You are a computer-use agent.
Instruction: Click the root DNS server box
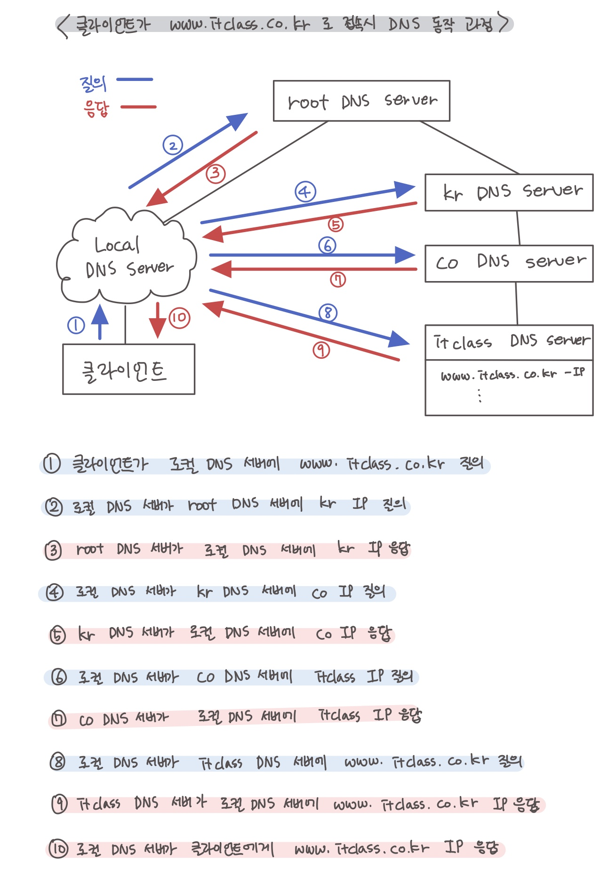coord(361,101)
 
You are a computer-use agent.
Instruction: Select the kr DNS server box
coord(509,193)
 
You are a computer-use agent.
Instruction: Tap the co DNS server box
coord(509,263)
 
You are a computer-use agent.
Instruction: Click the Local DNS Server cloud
coord(126,257)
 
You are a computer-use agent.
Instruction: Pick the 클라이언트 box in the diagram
coord(128,370)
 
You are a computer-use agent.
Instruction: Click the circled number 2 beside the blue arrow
coord(173,145)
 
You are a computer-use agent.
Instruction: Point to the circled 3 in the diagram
coord(215,174)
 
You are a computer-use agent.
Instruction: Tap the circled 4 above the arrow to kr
coord(305,192)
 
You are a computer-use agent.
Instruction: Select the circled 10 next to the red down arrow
coord(179,318)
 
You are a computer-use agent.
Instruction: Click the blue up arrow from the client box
coord(100,322)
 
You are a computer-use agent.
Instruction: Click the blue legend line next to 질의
coord(135,80)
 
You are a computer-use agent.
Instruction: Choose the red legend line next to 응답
coord(138,107)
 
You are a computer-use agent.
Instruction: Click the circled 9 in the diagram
coord(321,349)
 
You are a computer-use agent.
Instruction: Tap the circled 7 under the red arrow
coord(337,280)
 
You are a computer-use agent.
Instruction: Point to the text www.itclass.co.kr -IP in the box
coord(512,374)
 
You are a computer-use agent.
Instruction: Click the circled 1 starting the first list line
coord(52,464)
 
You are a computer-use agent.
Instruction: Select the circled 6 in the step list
coord(59,677)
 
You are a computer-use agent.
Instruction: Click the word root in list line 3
coord(90,549)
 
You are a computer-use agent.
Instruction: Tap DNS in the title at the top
coord(404,24)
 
